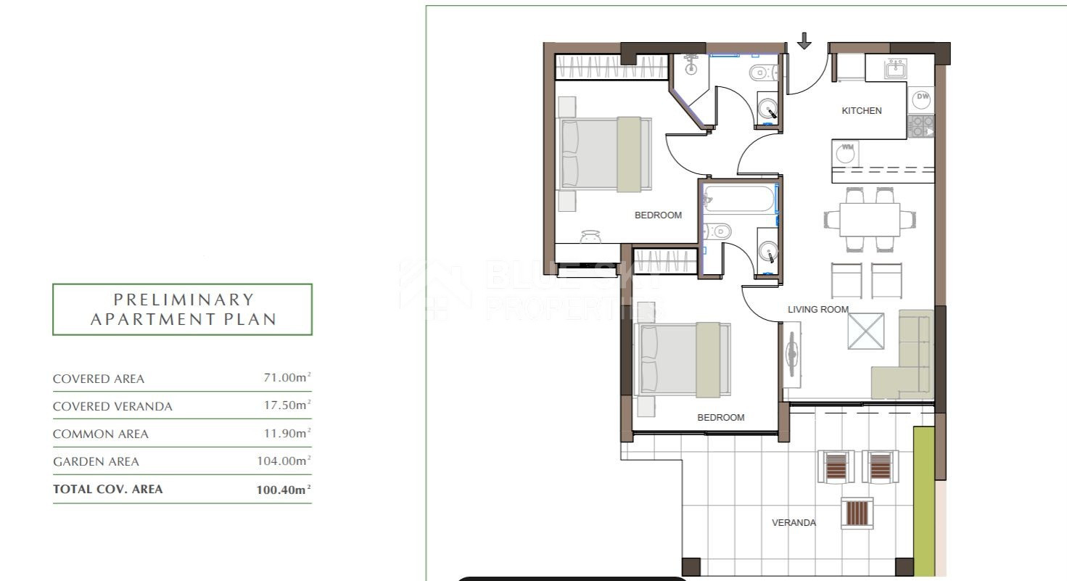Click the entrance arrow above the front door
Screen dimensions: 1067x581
[804, 41]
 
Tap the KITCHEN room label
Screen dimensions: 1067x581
[861, 110]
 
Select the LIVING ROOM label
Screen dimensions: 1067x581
[818, 309]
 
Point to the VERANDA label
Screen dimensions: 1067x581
[794, 522]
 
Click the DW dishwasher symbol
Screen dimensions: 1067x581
[922, 99]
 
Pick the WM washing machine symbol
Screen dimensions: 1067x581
[846, 153]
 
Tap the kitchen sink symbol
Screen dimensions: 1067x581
[896, 68]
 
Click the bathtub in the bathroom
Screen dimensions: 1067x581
[739, 198]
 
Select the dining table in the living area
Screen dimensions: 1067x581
[870, 220]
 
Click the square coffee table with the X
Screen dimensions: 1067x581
[866, 331]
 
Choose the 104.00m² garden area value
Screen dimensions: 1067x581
[284, 461]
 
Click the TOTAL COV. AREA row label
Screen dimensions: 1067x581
[107, 489]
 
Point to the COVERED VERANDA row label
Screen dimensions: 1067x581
[112, 406]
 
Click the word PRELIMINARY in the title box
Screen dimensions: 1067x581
[184, 300]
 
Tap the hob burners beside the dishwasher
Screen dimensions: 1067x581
[920, 126]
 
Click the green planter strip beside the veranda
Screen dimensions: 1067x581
[924, 501]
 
